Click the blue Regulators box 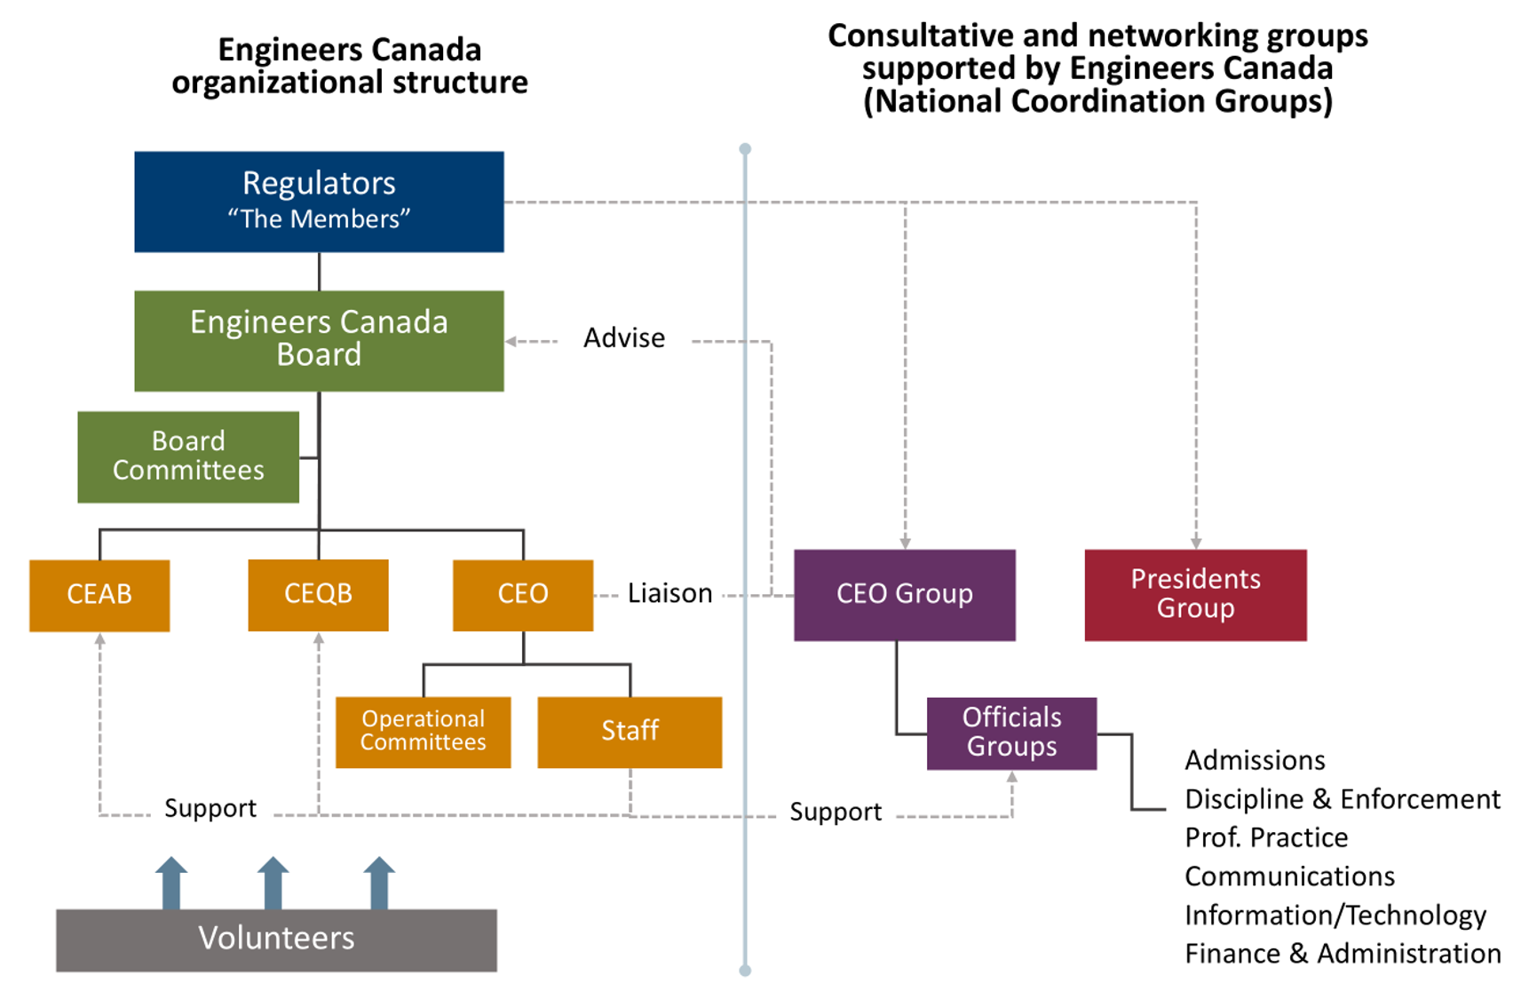click(319, 202)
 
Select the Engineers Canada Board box click(319, 341)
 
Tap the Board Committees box click(188, 456)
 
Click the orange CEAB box click(99, 595)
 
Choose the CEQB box click(318, 595)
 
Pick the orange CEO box click(523, 595)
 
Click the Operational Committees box click(423, 732)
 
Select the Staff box click(630, 732)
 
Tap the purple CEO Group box click(904, 595)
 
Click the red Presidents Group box click(1195, 595)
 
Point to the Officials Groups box click(1011, 733)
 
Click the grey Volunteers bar click(276, 939)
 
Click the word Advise click(624, 338)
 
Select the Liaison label click(669, 593)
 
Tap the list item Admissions click(1255, 761)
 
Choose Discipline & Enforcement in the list click(1342, 799)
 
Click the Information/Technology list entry click(1335, 916)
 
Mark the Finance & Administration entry click(1342, 954)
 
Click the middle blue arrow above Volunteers click(273, 883)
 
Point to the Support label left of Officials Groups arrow click(836, 812)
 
